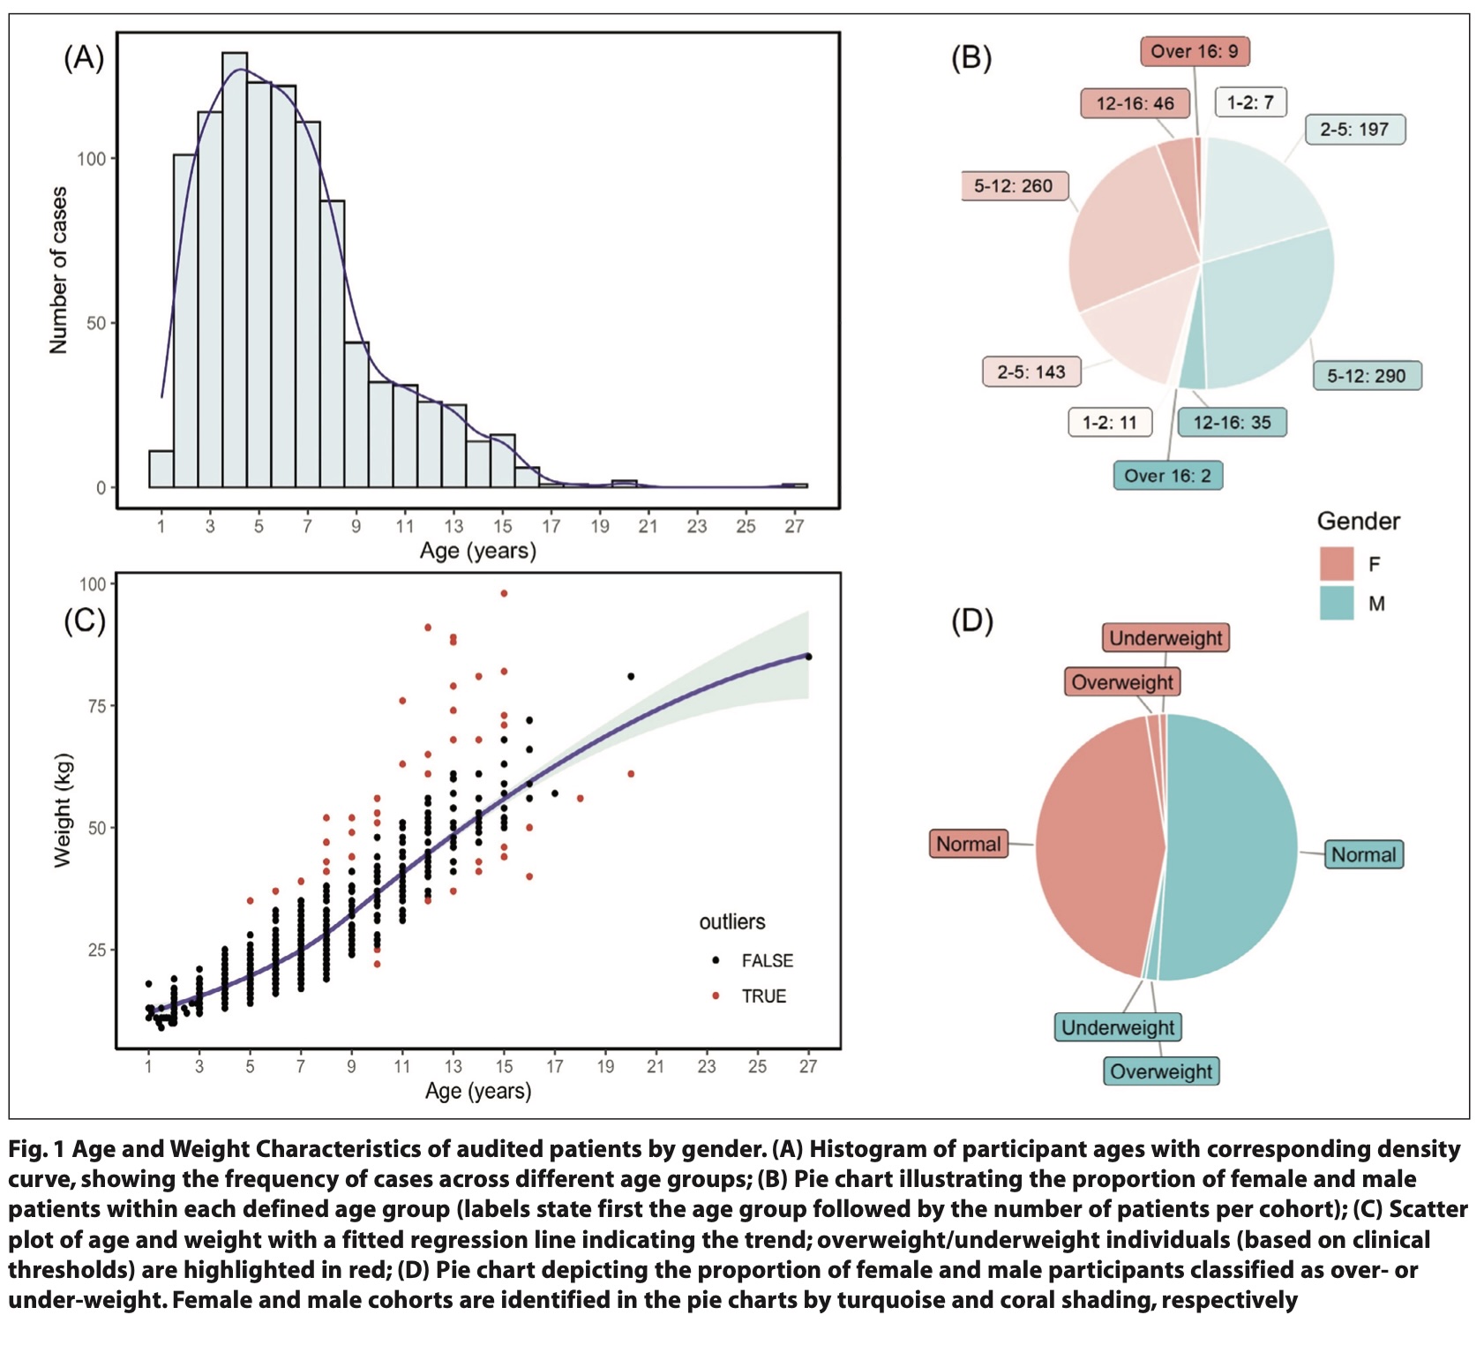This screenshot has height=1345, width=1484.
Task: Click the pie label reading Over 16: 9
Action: pyautogui.click(x=1194, y=51)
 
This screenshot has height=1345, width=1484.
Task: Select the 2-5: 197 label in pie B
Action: pyautogui.click(x=1354, y=130)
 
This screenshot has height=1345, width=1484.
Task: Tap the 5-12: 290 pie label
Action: pyautogui.click(x=1366, y=376)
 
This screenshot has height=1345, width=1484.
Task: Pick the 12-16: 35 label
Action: pyautogui.click(x=1232, y=423)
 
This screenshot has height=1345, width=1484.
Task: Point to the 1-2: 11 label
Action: pyautogui.click(x=1109, y=423)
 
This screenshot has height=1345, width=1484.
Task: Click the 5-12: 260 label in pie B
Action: pyautogui.click(x=1014, y=186)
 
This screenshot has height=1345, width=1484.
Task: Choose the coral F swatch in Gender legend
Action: pyautogui.click(x=1336, y=564)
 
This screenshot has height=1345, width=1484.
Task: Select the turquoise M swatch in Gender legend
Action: pyautogui.click(x=1336, y=604)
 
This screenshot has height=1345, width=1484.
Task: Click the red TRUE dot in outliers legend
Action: pyautogui.click(x=716, y=996)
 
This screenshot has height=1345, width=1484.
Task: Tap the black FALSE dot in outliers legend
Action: pyautogui.click(x=716, y=960)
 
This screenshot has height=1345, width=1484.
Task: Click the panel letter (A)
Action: pyautogui.click(x=84, y=58)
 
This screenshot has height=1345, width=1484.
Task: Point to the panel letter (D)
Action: pyautogui.click(x=971, y=621)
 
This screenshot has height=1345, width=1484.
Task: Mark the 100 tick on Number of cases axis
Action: pyautogui.click(x=91, y=159)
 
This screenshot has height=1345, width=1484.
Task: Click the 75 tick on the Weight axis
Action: pyautogui.click(x=96, y=706)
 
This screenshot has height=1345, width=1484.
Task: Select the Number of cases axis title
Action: pyautogui.click(x=58, y=270)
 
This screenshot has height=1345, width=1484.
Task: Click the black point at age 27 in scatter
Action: pyautogui.click(x=808, y=657)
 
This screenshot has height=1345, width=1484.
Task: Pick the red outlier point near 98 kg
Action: pyautogui.click(x=504, y=594)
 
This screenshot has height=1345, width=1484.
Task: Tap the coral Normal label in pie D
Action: pyautogui.click(x=968, y=845)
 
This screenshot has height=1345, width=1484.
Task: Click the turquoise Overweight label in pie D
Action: pyautogui.click(x=1161, y=1071)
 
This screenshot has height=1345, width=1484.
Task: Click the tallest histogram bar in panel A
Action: pyautogui.click(x=235, y=269)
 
